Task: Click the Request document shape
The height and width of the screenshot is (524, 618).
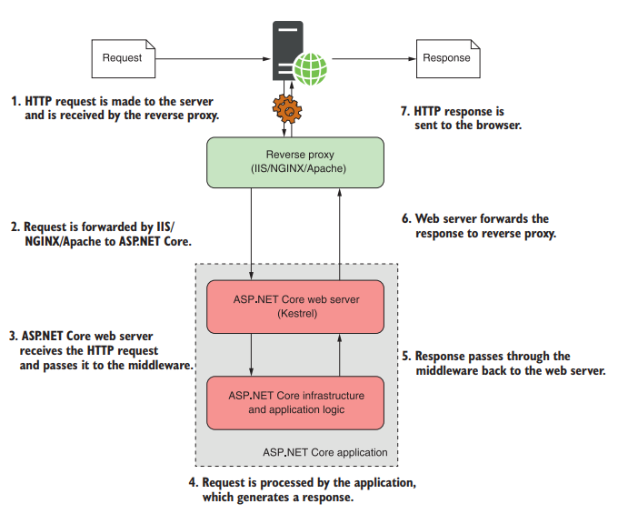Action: pos(122,58)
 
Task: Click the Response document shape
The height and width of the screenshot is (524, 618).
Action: pos(446,58)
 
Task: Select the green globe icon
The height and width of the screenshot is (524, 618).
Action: pos(314,68)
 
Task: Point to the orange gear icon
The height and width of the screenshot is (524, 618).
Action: pos(288,107)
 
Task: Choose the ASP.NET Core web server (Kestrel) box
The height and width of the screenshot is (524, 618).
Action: pos(294,307)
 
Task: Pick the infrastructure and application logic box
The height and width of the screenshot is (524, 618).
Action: pos(294,402)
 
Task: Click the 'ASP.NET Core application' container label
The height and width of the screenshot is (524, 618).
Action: pos(325,452)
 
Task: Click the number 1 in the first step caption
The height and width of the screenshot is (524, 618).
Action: pos(15,101)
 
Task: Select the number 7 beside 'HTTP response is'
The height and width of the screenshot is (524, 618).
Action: pos(404,111)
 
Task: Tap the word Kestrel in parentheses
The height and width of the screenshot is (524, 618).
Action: pos(294,315)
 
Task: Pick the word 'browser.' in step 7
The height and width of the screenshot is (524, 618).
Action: pos(499,126)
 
